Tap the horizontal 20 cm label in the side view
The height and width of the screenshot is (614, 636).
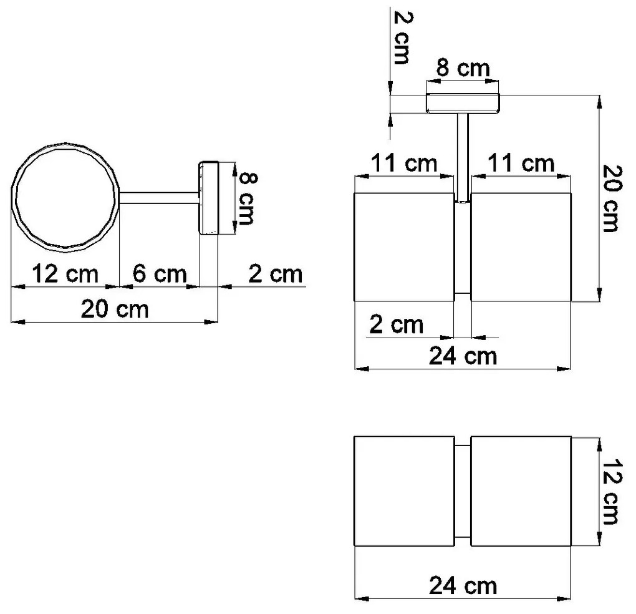(x=115, y=309)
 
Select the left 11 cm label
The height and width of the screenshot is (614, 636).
(x=404, y=164)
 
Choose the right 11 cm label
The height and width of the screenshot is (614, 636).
(x=521, y=164)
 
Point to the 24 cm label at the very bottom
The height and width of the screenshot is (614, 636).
(x=463, y=586)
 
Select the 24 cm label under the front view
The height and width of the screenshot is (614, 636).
(x=463, y=356)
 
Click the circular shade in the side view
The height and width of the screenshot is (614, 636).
(x=65, y=197)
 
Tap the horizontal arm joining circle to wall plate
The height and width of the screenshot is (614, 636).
(x=158, y=198)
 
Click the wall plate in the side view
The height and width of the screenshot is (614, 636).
(x=207, y=198)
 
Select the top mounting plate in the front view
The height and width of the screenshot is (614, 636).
(x=463, y=103)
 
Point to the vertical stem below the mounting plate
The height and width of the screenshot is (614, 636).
(x=463, y=156)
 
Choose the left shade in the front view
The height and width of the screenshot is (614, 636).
(x=404, y=247)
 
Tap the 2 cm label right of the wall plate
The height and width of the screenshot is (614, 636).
(x=274, y=274)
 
